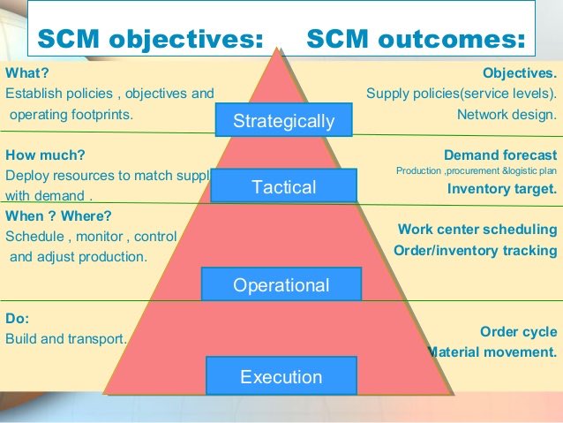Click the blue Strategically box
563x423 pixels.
pyautogui.click(x=283, y=121)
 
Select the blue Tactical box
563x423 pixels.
pyautogui.click(x=283, y=186)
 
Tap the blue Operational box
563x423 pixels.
pyautogui.click(x=281, y=284)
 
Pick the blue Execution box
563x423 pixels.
pyautogui.click(x=281, y=377)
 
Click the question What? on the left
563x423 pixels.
pyautogui.click(x=26, y=73)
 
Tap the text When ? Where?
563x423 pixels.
pyautogui.click(x=58, y=215)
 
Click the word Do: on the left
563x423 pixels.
pyautogui.click(x=17, y=318)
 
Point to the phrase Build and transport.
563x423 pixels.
pyautogui.click(x=66, y=338)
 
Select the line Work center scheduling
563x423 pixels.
pyautogui.click(x=477, y=230)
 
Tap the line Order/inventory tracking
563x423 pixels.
pyautogui.click(x=475, y=251)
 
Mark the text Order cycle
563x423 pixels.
pyautogui.click(x=518, y=332)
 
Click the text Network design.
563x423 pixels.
pyautogui.click(x=507, y=114)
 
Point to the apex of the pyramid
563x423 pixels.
pyautogui.click(x=281, y=48)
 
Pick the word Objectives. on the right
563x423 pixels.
pyautogui.click(x=520, y=73)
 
